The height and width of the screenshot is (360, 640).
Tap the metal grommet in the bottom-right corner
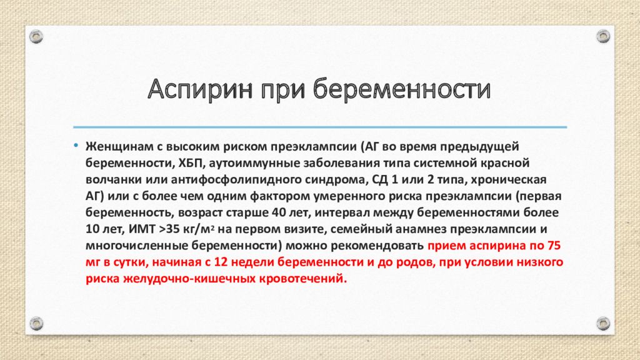coord(602,323)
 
